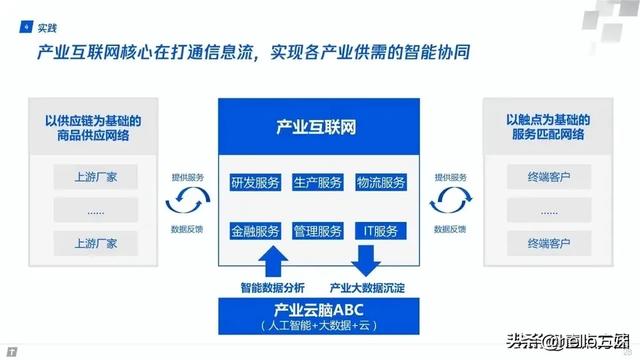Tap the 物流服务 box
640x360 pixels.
click(x=380, y=182)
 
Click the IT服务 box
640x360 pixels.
click(x=380, y=231)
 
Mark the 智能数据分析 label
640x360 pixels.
click(x=271, y=287)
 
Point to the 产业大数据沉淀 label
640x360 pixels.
click(x=366, y=287)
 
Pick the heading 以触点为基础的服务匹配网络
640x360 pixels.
click(x=545, y=127)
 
